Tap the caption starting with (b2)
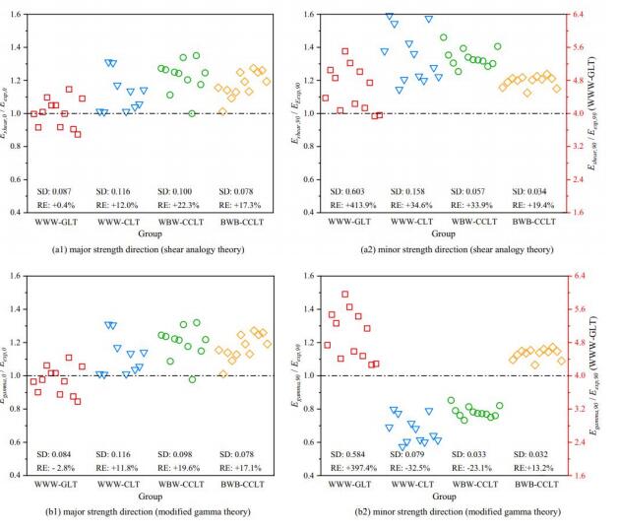click(x=446, y=514)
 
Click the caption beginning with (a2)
click(x=446, y=251)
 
